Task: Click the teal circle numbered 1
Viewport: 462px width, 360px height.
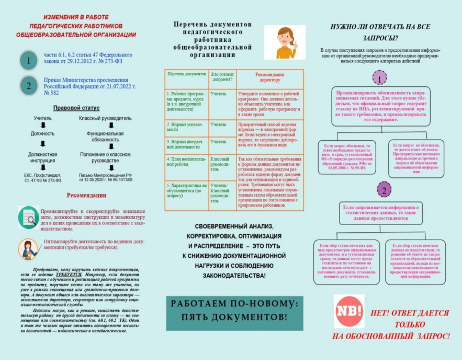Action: pos(28,61)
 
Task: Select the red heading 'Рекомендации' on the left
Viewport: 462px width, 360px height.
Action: pos(86,196)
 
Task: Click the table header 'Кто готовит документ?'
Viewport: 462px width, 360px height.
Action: pos(222,76)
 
